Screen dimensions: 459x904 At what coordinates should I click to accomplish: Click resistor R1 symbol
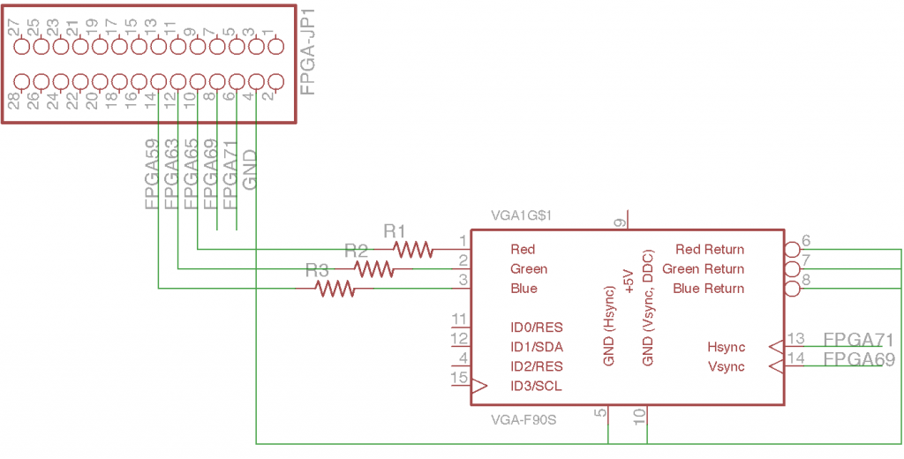[x=413, y=250]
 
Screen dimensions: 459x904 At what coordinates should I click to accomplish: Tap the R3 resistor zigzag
[x=335, y=288]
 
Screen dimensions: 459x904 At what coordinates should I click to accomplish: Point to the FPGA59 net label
[x=152, y=175]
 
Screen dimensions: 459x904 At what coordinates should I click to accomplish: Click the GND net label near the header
[x=250, y=170]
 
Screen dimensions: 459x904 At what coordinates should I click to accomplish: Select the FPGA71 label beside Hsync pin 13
[x=858, y=340]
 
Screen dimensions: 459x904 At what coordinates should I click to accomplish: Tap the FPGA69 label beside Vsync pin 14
[x=858, y=359]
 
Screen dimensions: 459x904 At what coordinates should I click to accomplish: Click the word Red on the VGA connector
[x=523, y=250]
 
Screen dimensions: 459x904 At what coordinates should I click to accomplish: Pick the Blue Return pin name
[x=708, y=289]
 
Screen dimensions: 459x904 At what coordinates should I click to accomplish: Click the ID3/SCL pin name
[x=536, y=386]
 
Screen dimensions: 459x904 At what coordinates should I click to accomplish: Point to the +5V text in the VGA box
[x=629, y=280]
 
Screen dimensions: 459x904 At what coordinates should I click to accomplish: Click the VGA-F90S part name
[x=524, y=419]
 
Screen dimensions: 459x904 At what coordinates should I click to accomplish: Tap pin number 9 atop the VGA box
[x=620, y=222]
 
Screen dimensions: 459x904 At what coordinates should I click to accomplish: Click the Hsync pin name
[x=726, y=347]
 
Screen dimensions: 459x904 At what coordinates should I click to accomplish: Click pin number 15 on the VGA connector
[x=458, y=377]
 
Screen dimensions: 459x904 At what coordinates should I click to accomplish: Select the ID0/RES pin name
[x=536, y=327]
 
